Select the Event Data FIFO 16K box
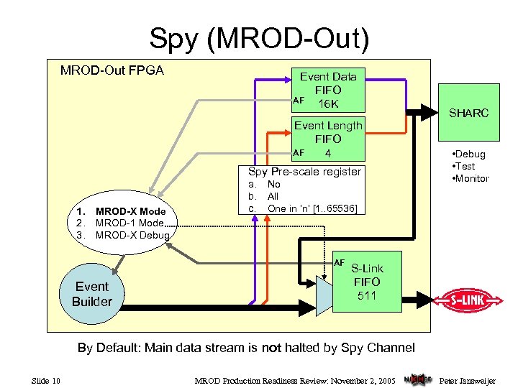pos(328,91)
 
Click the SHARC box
pos(468,114)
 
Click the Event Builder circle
pos(91,294)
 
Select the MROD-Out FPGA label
pos(112,70)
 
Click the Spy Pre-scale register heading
pos(304,171)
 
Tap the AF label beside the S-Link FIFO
pos(340,262)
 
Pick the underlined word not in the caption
pos(271,348)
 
